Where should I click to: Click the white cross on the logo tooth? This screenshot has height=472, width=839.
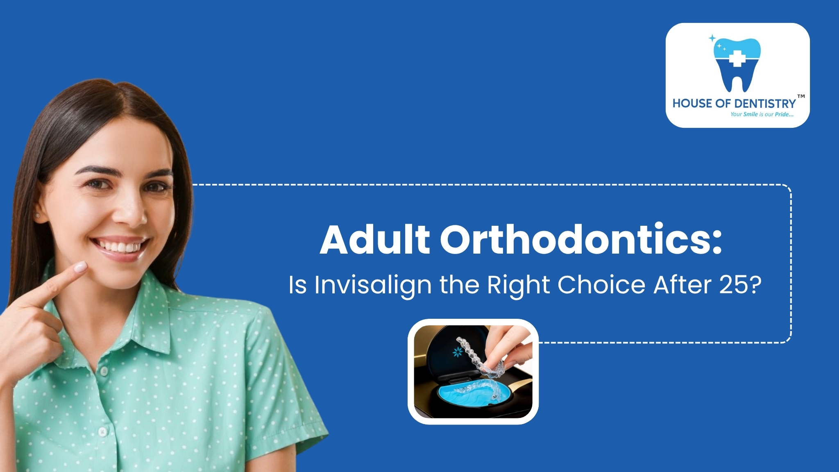(x=737, y=59)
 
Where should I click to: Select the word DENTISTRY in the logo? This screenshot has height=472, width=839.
(x=762, y=104)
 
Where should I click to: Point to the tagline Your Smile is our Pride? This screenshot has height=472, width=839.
(x=762, y=114)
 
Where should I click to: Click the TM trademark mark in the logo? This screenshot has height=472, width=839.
(x=801, y=97)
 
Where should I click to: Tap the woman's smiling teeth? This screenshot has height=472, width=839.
(x=119, y=247)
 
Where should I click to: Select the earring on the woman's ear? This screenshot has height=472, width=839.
(x=38, y=215)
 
